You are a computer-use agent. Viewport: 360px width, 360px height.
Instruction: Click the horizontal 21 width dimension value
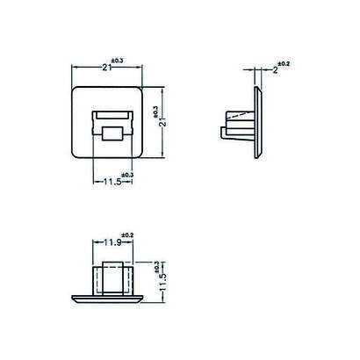(x=107, y=68)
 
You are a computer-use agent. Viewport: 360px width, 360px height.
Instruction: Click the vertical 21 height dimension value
(x=163, y=122)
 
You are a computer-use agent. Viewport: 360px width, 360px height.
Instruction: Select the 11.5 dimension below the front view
(x=112, y=182)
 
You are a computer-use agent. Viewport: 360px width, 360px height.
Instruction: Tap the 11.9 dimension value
(x=113, y=242)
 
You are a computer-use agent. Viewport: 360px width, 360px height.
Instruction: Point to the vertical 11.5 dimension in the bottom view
(x=163, y=282)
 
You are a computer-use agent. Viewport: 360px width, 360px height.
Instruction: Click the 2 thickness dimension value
(x=275, y=70)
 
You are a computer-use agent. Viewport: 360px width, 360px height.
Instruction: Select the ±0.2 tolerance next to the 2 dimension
(x=284, y=63)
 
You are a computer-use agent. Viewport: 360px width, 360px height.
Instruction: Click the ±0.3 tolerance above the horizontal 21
(x=117, y=61)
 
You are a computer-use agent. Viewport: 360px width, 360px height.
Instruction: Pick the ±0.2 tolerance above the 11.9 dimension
(x=127, y=235)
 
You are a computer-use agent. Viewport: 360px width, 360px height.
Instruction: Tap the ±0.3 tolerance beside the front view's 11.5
(x=127, y=175)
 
